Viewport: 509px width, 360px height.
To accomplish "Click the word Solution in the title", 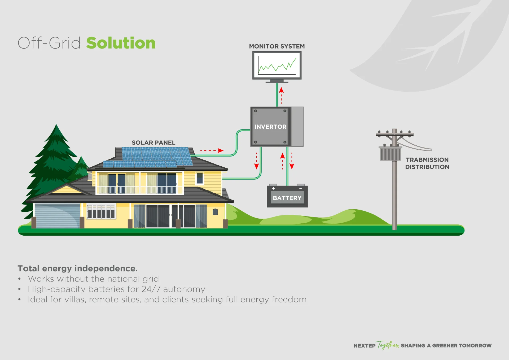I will coord(121,43).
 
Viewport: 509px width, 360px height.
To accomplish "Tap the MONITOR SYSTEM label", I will coord(277,46).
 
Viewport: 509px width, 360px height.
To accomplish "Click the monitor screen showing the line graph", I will coord(277,65).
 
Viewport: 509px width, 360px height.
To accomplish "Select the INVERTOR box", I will coord(270,127).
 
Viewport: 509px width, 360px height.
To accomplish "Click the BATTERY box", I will coord(287,198).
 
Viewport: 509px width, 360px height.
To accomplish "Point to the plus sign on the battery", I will coord(273,188).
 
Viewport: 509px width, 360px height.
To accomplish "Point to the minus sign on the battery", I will coord(301,188).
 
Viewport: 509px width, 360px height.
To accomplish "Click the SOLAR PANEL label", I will coord(153,143).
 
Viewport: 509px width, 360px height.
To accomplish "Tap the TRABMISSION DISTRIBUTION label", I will coord(427,163).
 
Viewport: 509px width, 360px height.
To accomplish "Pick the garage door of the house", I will coord(57,215).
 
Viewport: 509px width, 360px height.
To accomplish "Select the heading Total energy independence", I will coord(78,268).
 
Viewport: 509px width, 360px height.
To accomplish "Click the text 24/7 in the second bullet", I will coord(151,289).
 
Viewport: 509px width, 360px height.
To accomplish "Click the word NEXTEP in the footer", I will coord(364,346).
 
